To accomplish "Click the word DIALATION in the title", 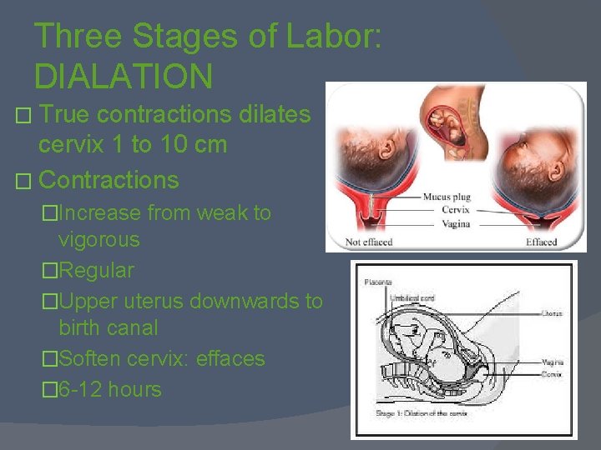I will (x=124, y=76).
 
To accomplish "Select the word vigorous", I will (x=98, y=240).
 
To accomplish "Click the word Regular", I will (x=96, y=271).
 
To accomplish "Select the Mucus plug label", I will (x=447, y=197).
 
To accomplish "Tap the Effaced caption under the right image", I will (x=541, y=242).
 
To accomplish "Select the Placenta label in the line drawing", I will (x=378, y=282).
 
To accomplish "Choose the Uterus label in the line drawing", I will (x=552, y=314).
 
